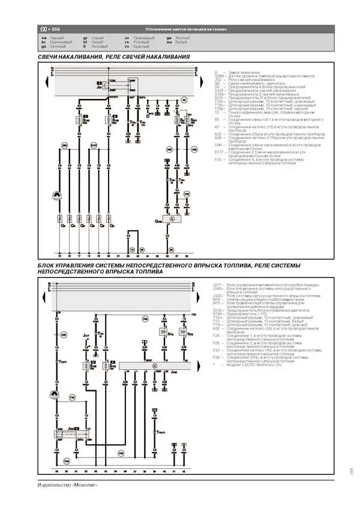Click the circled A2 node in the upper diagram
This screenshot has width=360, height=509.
[x=185, y=100]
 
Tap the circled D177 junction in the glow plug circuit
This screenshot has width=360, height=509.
[x=93, y=145]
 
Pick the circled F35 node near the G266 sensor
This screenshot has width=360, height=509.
[x=186, y=194]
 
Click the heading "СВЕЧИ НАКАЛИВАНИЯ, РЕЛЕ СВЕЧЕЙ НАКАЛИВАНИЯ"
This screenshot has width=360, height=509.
[x=114, y=57]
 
